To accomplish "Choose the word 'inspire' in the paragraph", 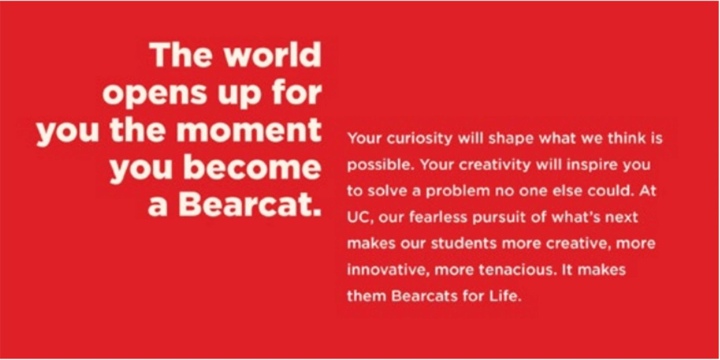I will click(x=588, y=165).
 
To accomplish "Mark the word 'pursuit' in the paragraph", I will click(x=493, y=217).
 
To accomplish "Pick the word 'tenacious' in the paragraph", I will click(x=514, y=269).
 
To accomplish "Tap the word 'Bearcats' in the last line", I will click(x=415, y=295).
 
